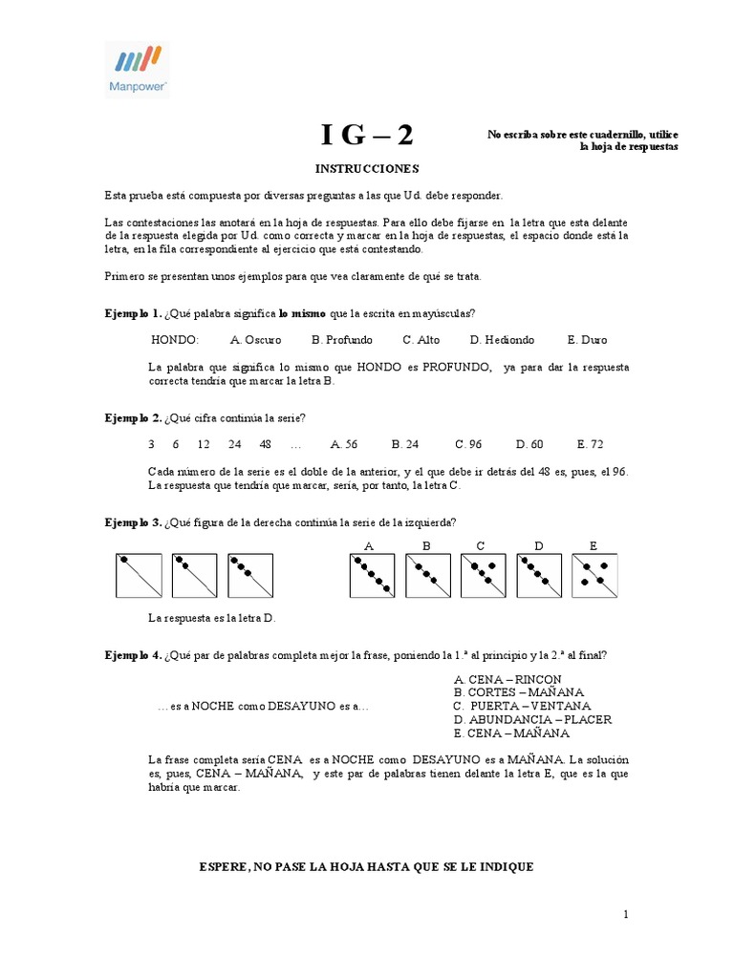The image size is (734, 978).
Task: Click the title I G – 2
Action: [367, 136]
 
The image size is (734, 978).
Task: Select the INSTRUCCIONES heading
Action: [367, 168]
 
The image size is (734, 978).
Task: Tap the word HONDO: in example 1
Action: [175, 340]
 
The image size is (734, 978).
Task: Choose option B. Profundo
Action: [342, 340]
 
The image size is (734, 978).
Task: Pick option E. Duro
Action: [587, 340]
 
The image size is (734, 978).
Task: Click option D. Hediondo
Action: [502, 340]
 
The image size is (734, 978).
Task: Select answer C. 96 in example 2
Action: [469, 444]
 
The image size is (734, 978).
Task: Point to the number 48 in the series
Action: [265, 444]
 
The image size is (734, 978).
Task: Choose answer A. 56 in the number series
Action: [344, 444]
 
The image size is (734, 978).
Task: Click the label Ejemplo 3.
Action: [133, 522]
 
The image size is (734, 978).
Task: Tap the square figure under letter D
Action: [539, 577]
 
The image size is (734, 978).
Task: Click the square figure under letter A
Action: [372, 577]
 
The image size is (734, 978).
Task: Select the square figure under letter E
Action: [594, 577]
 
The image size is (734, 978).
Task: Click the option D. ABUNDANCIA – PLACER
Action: [532, 720]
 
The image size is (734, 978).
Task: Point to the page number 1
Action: [626, 915]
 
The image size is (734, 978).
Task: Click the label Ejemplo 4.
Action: [133, 655]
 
